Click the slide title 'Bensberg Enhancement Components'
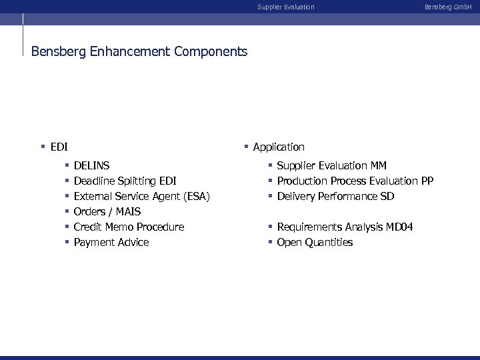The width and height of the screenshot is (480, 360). point(139,51)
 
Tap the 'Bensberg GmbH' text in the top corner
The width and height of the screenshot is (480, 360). point(448,7)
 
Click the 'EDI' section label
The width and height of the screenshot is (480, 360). point(59,147)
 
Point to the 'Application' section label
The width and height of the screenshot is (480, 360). point(279,147)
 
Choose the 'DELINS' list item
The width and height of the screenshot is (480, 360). point(92,165)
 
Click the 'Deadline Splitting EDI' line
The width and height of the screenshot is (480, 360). point(125,181)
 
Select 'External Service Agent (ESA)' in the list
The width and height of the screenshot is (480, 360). point(141,196)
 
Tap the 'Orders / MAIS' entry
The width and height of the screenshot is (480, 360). point(107,211)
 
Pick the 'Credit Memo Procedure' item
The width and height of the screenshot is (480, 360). point(129,227)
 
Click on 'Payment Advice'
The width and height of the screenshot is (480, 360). point(111,242)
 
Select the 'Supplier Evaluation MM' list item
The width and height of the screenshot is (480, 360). point(331,165)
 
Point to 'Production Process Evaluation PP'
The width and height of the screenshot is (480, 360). point(355,181)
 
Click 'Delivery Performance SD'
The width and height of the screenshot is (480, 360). point(335,196)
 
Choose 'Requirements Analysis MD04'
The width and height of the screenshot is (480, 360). point(345,227)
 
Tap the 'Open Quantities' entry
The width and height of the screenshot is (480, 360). point(315,242)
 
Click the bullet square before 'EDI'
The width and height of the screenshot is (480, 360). point(43,147)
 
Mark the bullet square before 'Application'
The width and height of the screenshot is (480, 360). point(246,147)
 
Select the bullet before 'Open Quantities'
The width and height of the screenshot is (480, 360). point(271,242)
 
